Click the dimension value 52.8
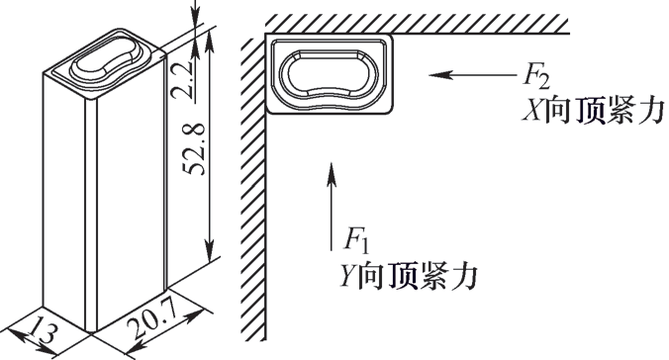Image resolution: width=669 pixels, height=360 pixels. [194, 150]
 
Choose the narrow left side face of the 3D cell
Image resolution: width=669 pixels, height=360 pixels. [66, 198]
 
